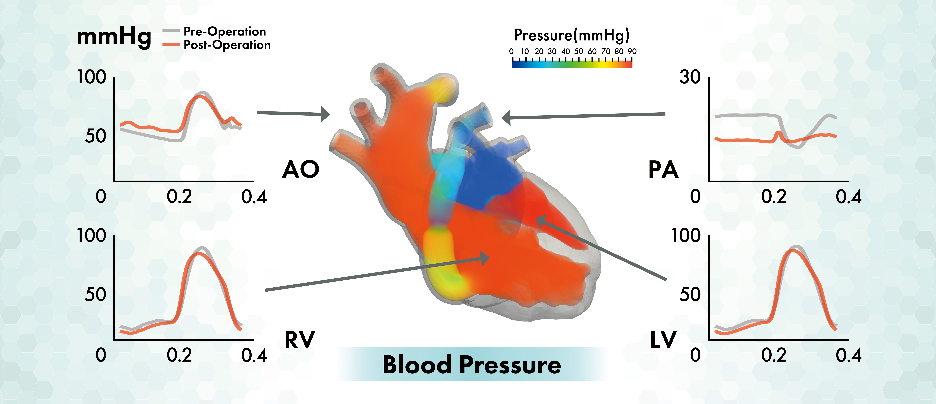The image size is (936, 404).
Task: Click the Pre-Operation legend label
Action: [x=225, y=32]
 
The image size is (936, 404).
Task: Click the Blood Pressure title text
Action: [x=472, y=364]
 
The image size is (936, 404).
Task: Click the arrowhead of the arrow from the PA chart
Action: [x=506, y=118]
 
